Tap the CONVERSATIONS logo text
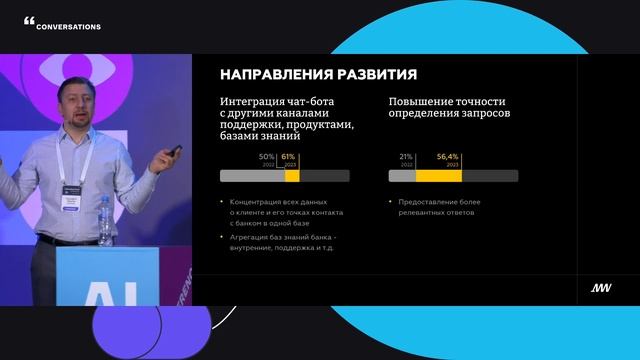pos(68,27)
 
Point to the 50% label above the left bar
pos(266,157)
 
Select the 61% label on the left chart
pos(288,157)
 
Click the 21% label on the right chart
pos(406,157)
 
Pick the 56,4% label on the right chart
pos(447,157)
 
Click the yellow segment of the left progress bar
pos(292,176)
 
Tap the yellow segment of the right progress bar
pos(438,176)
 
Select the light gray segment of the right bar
pos(402,176)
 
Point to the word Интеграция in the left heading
pos(249,102)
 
